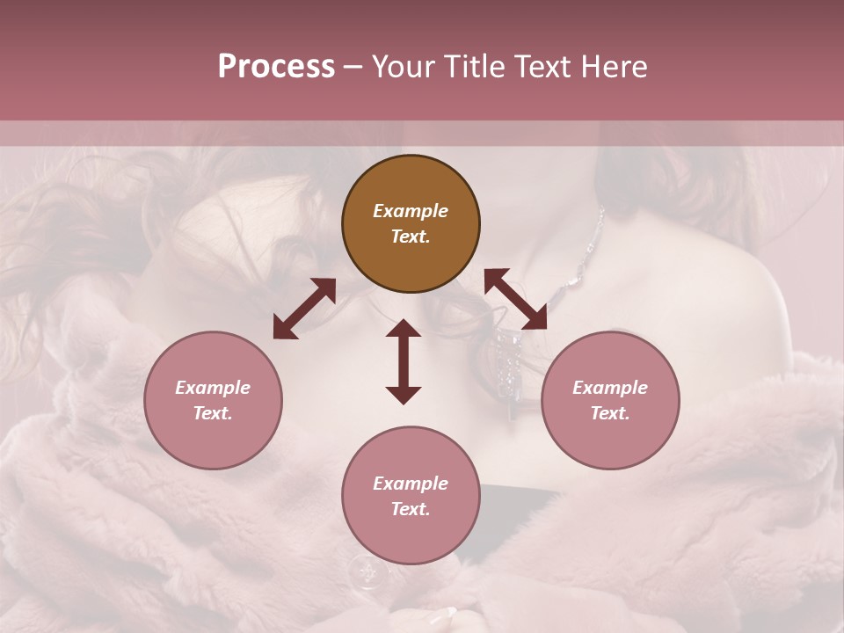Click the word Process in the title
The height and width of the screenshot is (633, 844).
coord(276,67)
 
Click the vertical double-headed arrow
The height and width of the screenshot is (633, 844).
coord(404,361)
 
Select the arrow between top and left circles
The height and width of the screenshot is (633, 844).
coord(304,309)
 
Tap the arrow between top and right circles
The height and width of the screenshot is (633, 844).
coord(515,299)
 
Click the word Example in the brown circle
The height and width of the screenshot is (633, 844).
coord(411,211)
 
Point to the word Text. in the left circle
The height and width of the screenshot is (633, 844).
coord(213,413)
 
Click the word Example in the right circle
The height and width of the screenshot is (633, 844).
coord(610,388)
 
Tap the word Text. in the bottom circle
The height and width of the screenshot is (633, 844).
coord(411,509)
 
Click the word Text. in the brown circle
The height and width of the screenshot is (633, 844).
coord(411,237)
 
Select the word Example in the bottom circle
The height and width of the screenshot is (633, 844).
coord(411,484)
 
